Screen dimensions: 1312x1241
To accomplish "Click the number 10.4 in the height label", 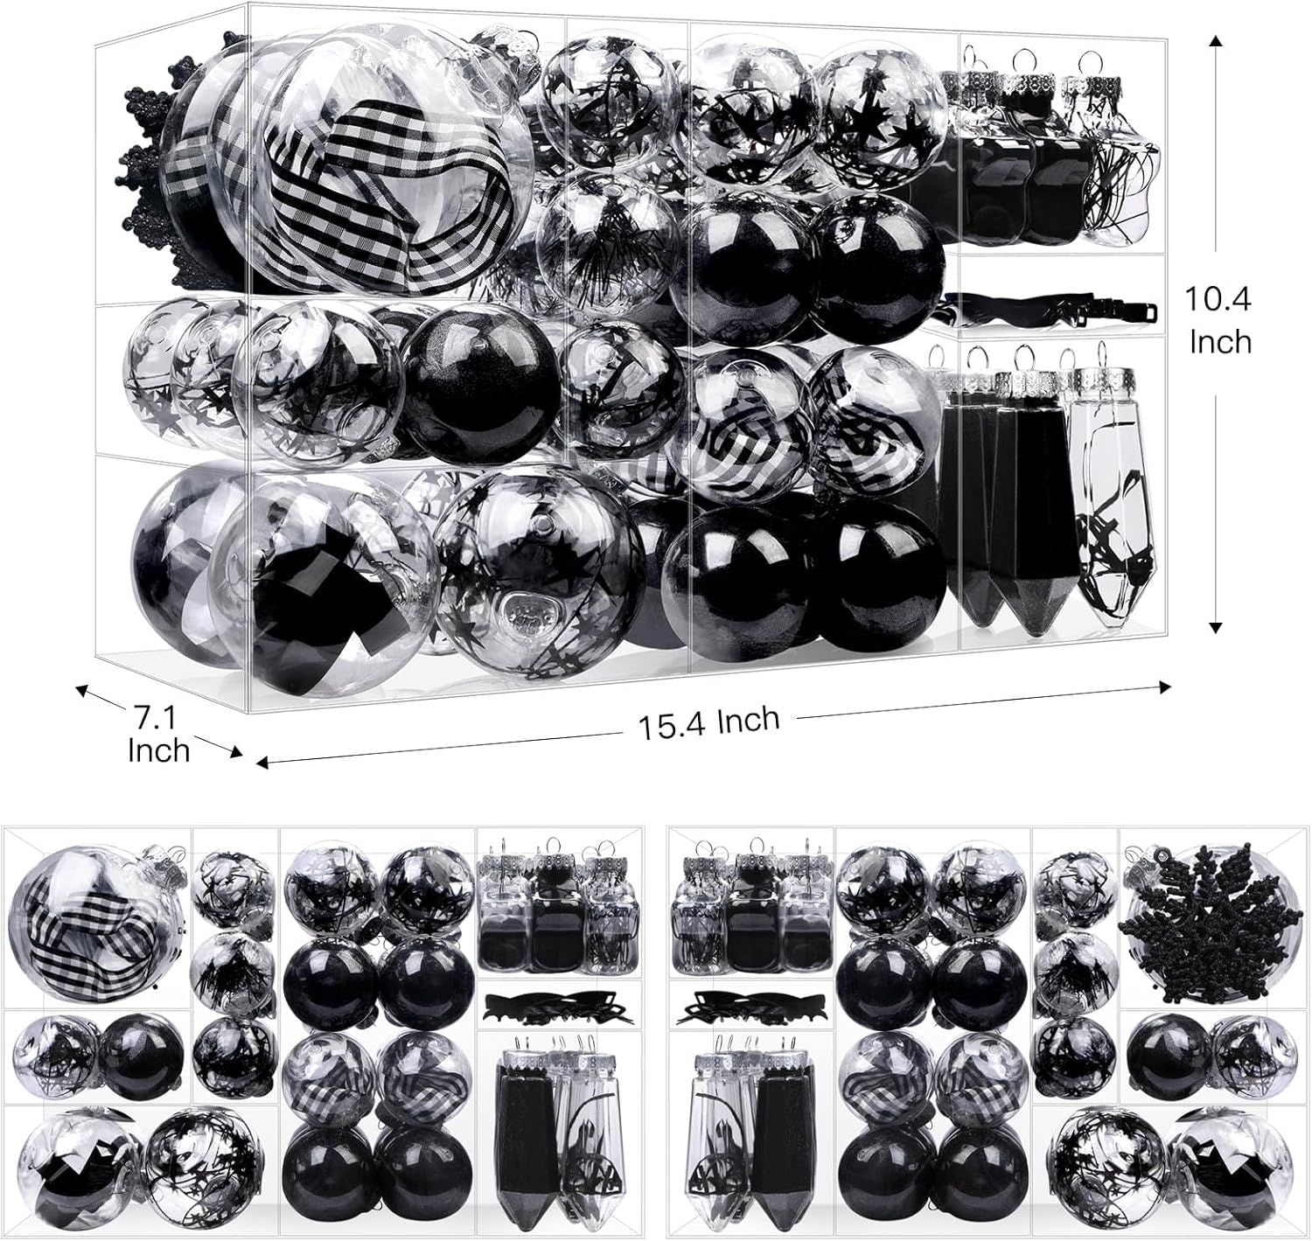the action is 1217,299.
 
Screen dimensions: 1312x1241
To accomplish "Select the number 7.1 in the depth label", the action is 156,719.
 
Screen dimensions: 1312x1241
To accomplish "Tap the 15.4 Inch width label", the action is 708,722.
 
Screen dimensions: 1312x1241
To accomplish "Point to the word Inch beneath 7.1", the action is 159,751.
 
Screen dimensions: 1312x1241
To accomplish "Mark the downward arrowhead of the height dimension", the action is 1216,626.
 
